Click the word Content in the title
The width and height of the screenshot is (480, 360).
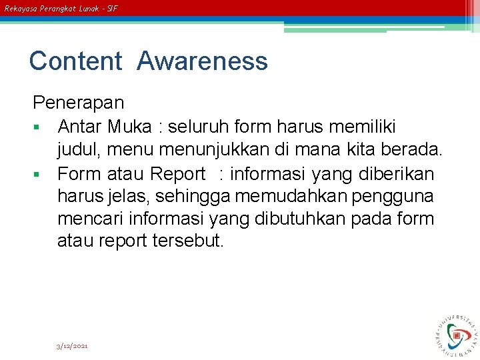tap(75, 61)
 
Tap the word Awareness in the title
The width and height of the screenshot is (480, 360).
tap(203, 61)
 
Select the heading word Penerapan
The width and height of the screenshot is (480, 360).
tap(79, 103)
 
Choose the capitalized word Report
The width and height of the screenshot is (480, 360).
tap(178, 174)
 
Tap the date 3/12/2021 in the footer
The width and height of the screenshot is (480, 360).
tap(73, 346)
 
